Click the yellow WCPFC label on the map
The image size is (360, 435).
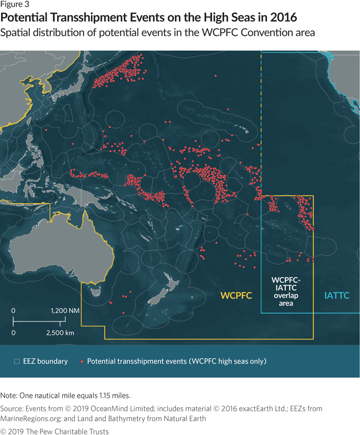click(x=236, y=296)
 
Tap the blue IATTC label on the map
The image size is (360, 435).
click(x=336, y=296)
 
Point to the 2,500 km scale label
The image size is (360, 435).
click(x=60, y=333)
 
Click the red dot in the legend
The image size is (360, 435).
click(x=81, y=361)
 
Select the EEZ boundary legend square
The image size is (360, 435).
click(x=17, y=361)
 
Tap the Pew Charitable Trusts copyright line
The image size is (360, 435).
click(x=54, y=431)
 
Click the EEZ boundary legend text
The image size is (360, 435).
click(x=45, y=361)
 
